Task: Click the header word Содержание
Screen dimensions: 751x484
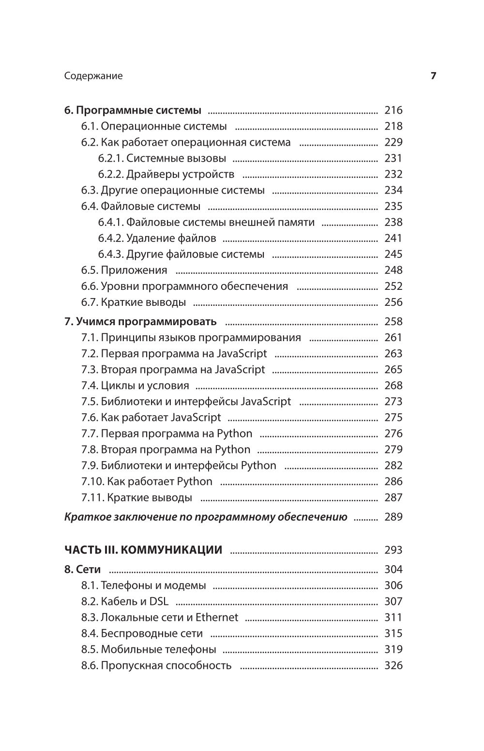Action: pos(93,76)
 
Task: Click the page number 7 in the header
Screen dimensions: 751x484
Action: pos(434,76)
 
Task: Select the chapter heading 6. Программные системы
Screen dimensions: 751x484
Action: pos(133,110)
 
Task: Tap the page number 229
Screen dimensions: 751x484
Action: pos(393,142)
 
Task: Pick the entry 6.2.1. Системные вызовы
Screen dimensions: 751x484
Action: pos(162,158)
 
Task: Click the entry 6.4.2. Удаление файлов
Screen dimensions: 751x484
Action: pos(157,238)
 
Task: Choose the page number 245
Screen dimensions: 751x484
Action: pos(393,254)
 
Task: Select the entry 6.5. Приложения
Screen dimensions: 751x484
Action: pos(124,270)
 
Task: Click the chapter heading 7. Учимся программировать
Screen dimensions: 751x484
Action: pos(140,322)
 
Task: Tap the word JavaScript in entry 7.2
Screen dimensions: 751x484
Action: pos(242,354)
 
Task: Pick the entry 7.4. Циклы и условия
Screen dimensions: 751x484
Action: pos(135,386)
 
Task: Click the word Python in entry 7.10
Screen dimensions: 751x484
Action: pos(195,481)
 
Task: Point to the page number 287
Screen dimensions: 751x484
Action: pos(393,497)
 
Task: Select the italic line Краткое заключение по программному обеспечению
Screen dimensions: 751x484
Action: pos(206,517)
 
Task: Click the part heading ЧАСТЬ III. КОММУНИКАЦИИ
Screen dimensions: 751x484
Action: pos(143,550)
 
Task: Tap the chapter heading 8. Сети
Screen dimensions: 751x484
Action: pos(82,570)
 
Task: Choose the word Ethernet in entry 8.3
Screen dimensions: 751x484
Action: pos(217,617)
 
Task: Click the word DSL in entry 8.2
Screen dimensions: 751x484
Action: pos(159,601)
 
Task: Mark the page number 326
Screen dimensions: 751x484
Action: pos(393,665)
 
